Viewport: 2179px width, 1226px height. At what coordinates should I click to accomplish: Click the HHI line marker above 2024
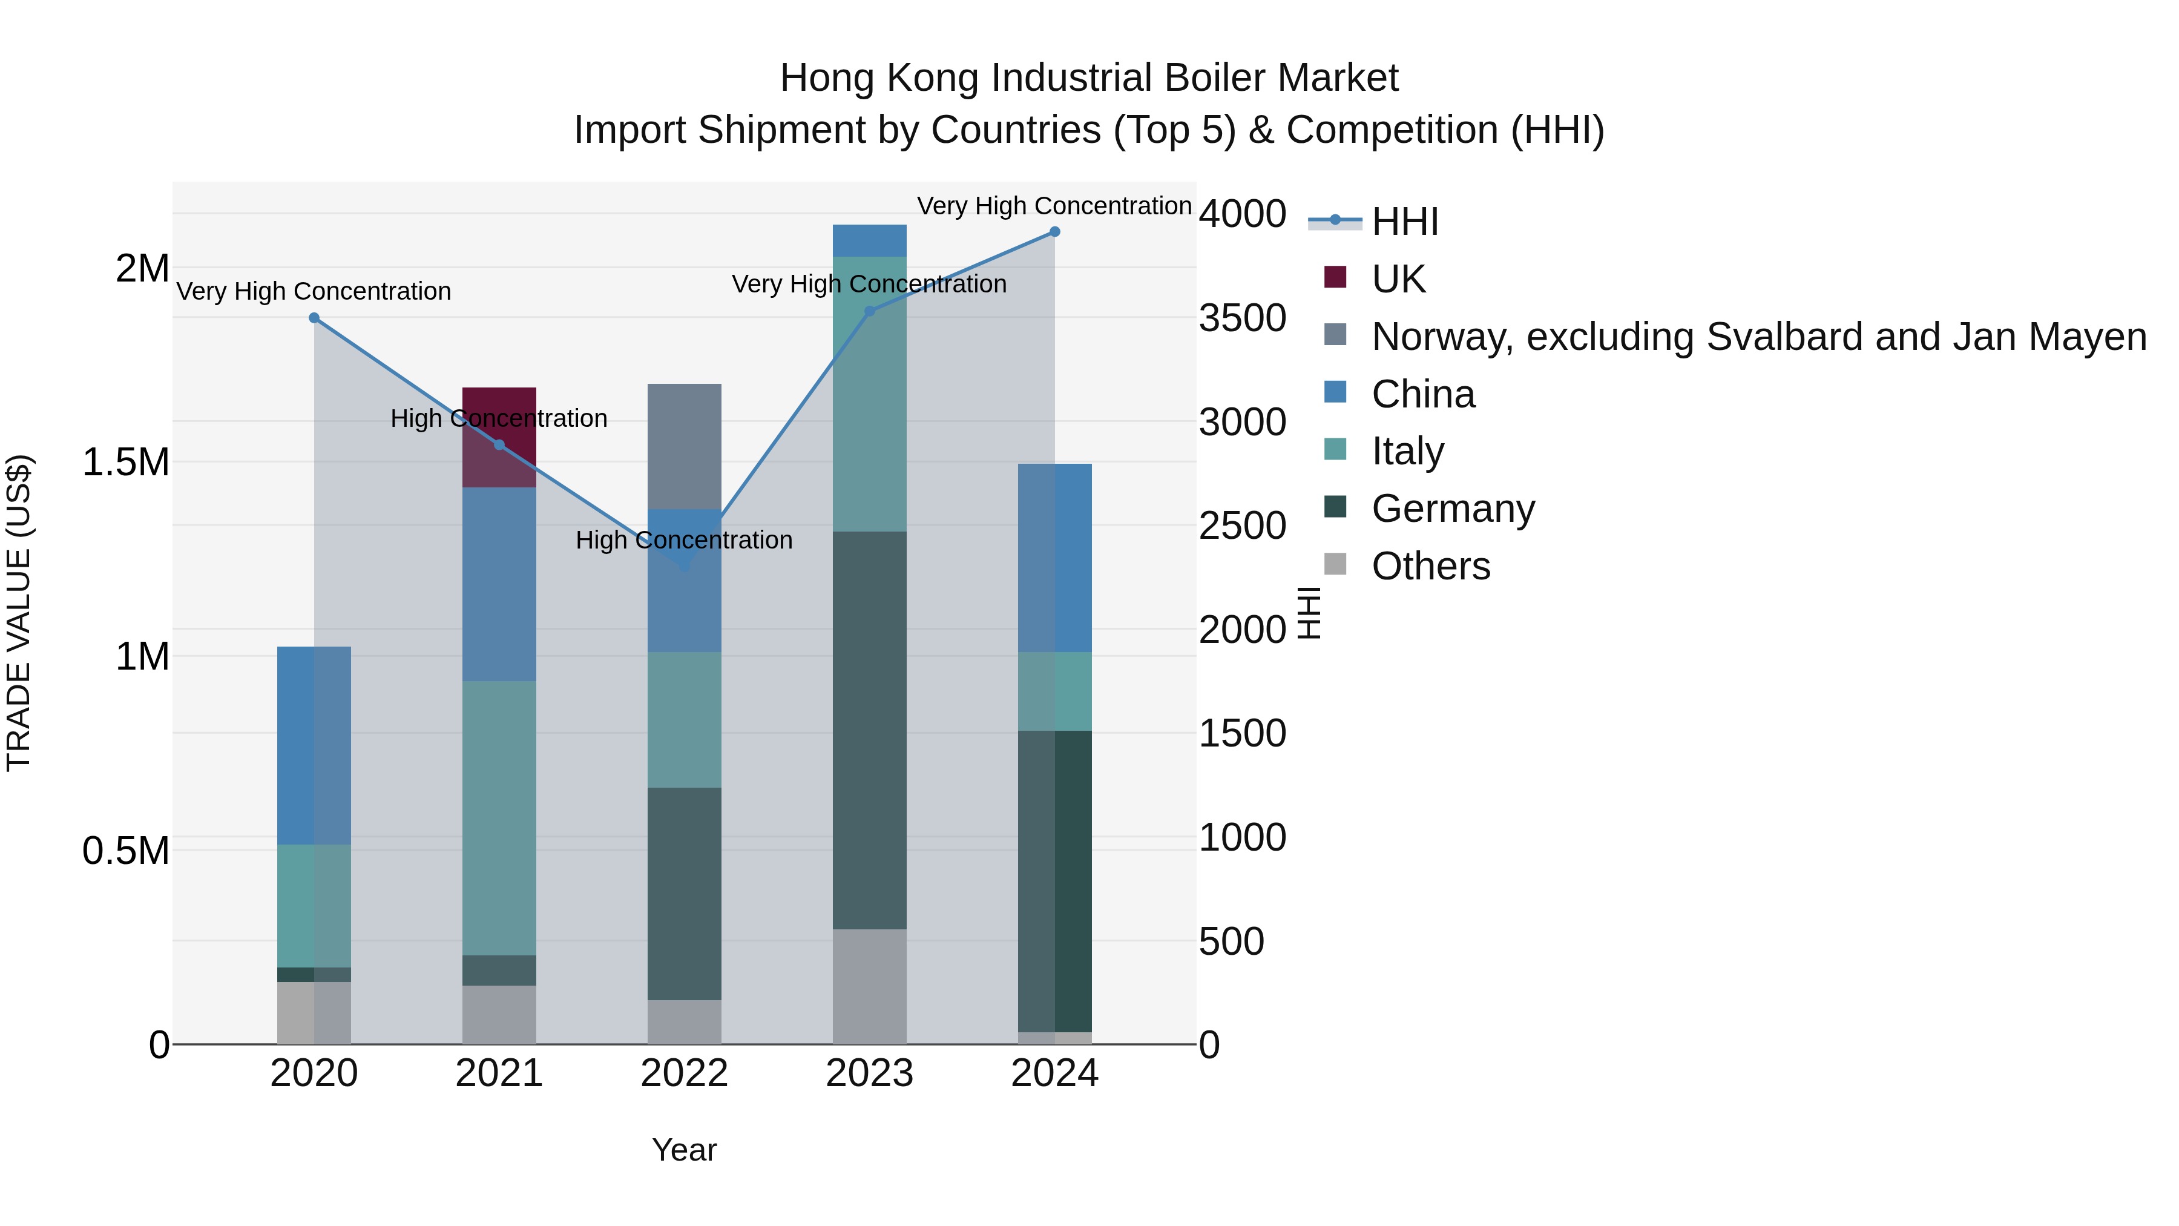point(1054,232)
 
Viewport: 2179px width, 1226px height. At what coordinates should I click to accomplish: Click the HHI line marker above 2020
point(314,318)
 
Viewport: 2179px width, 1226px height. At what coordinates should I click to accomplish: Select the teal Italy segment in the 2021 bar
point(499,817)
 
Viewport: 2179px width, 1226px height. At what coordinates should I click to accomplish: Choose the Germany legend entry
point(1453,509)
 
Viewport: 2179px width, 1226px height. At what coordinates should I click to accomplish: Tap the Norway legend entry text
point(1758,337)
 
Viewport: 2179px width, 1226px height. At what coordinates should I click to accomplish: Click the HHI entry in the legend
point(1404,222)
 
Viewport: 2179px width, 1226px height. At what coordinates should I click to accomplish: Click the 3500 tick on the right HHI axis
point(1242,318)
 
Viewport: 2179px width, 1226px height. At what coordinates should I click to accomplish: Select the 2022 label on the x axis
point(685,1073)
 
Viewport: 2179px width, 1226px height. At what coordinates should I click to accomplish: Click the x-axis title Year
point(685,1150)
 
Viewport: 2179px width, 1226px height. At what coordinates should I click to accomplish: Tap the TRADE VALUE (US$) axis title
point(19,613)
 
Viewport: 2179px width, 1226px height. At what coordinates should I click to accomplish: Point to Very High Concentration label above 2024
point(1054,206)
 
